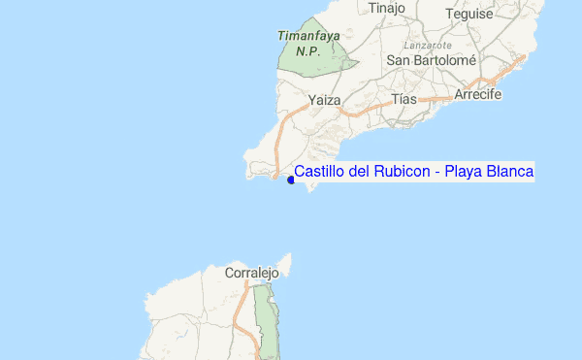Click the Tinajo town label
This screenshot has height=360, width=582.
tap(386, 9)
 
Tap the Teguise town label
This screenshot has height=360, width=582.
tap(469, 14)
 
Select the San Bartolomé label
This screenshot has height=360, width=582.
tap(431, 60)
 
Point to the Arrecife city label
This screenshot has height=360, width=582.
tap(477, 96)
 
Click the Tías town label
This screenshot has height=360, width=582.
tap(404, 99)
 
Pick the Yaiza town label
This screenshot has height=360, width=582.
tap(324, 100)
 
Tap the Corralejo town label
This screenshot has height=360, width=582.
tap(251, 274)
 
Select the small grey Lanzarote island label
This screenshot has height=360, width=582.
tap(429, 45)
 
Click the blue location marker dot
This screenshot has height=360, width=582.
tap(291, 180)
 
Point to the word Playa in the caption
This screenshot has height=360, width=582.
tap(468, 172)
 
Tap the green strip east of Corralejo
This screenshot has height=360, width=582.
tap(264, 320)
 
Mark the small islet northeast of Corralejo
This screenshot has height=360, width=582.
tap(285, 261)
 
